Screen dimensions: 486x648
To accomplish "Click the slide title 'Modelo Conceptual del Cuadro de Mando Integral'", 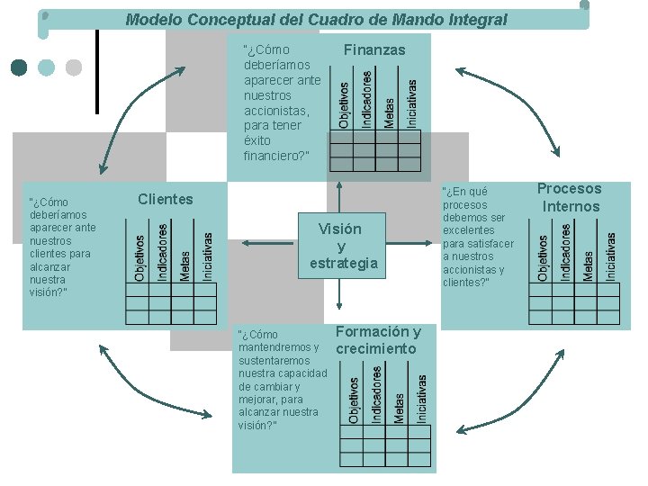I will (316, 19).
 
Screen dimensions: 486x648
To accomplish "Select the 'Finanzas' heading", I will (374, 50).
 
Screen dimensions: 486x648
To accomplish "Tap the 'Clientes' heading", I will (166, 199).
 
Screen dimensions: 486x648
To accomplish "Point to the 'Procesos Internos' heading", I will (570, 198).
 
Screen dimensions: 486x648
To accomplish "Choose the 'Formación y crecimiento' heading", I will (378, 340).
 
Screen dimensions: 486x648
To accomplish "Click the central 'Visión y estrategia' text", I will (339, 246).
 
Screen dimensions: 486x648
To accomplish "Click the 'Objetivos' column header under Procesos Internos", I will (543, 257).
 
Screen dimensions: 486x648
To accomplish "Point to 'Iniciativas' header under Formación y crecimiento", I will (422, 399).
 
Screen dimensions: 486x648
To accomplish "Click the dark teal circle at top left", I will (19, 67).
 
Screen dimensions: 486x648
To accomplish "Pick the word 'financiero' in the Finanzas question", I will (274, 156).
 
